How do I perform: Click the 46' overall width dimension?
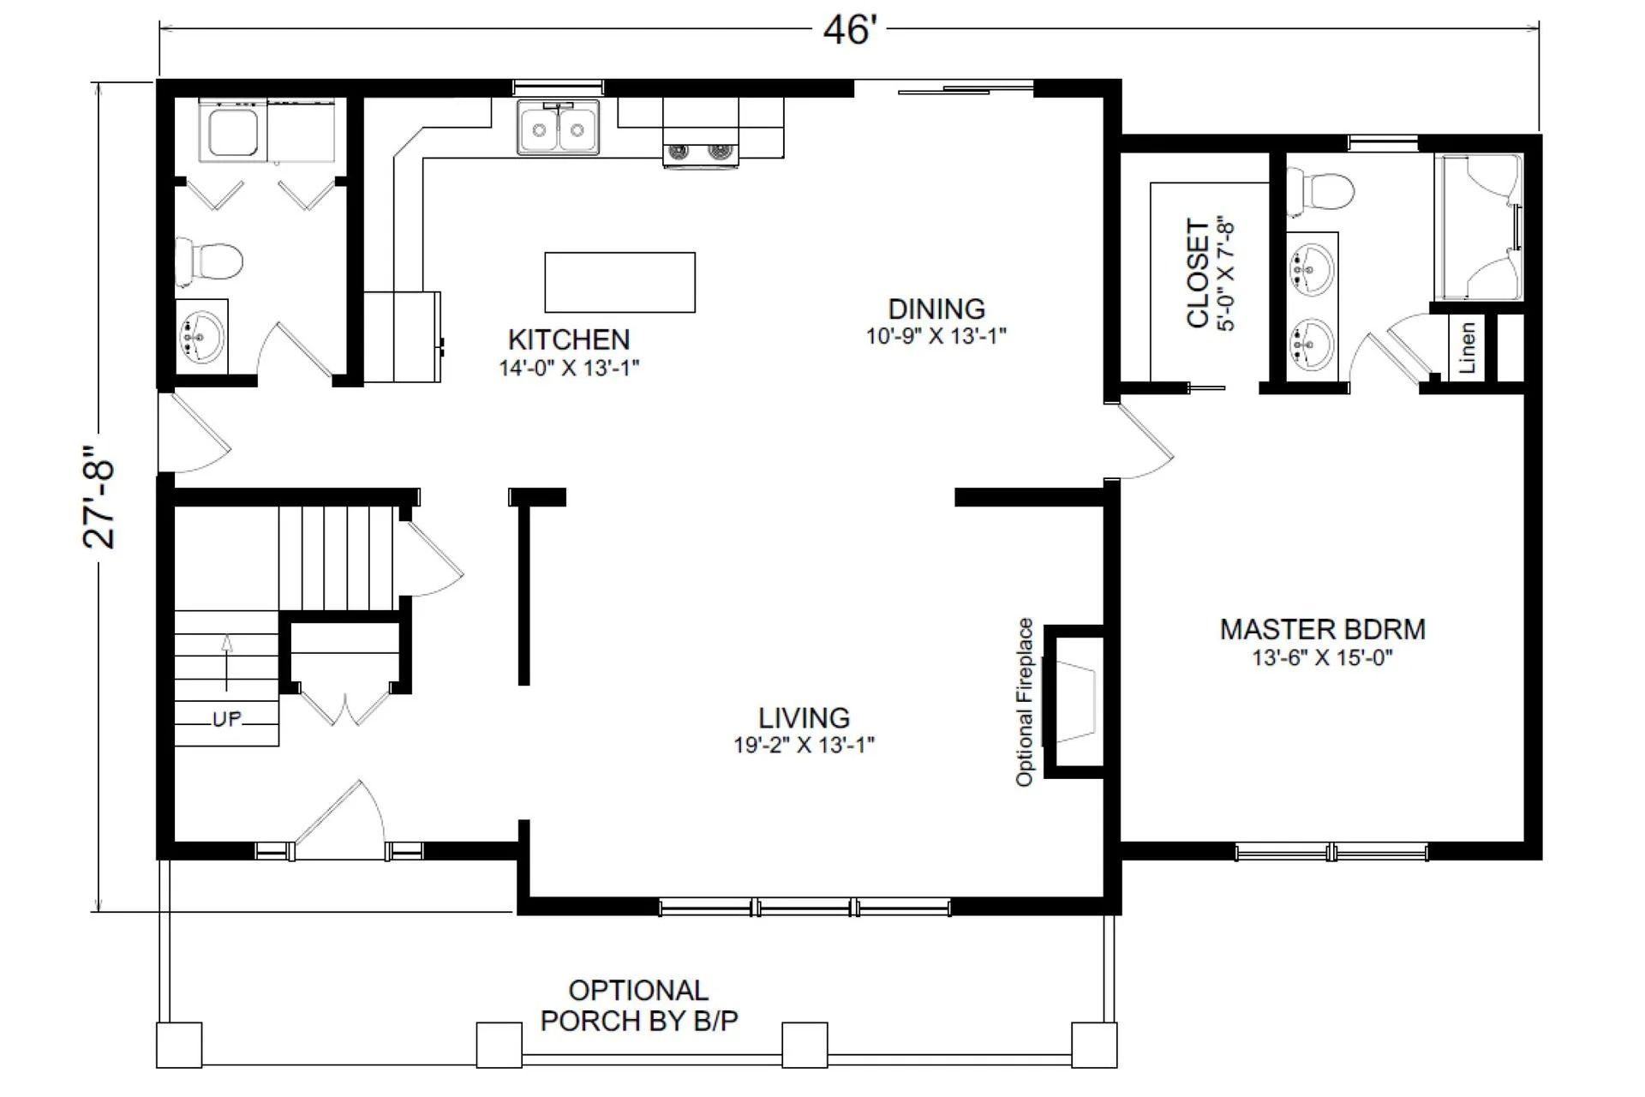coord(849,30)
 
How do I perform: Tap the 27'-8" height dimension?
coord(100,496)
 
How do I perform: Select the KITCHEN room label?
coord(569,340)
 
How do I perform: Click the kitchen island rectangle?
coord(619,282)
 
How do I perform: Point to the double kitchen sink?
coord(559,129)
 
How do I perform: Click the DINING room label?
coord(936,309)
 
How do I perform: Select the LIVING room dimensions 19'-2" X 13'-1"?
coord(804,745)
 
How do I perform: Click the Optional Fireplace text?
coord(1025,702)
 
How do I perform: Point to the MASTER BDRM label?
coord(1322,630)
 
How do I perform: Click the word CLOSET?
coord(1197,273)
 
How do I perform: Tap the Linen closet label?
coord(1467,347)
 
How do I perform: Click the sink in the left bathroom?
coord(202,338)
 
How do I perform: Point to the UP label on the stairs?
coord(227,719)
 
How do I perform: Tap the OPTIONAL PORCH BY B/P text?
coord(639,1005)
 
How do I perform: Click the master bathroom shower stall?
coord(1481,227)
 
